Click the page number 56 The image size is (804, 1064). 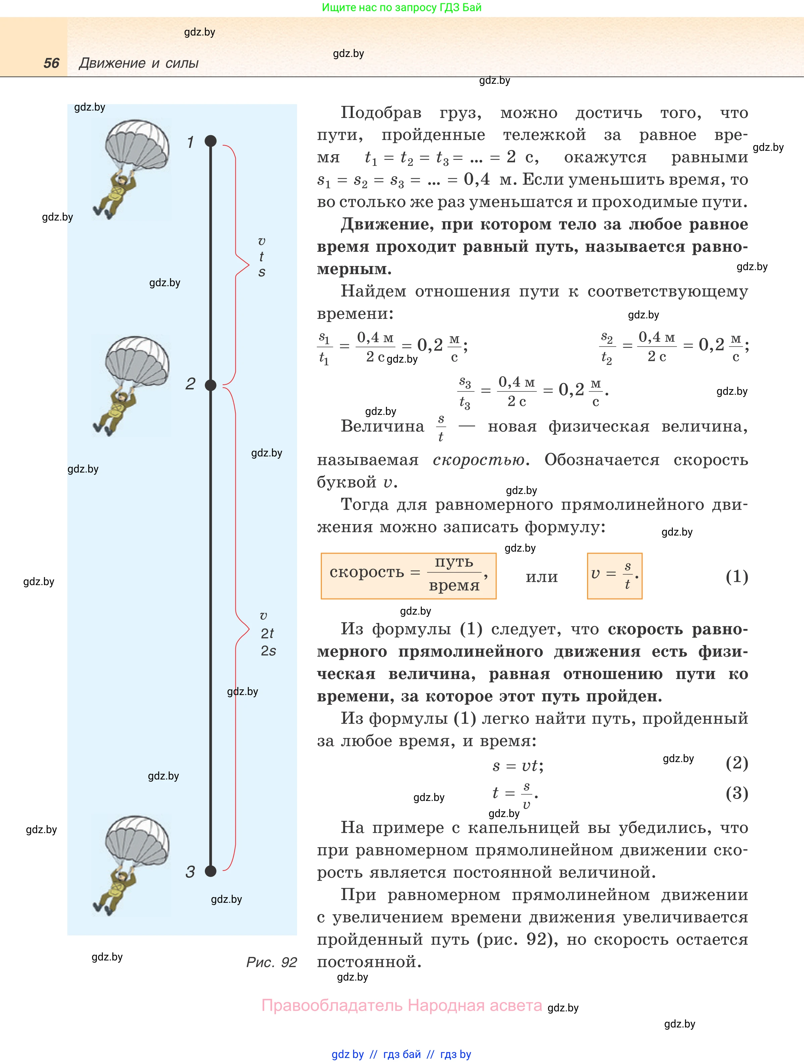click(52, 63)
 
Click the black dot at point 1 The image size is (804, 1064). click(211, 141)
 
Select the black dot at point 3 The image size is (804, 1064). click(211, 871)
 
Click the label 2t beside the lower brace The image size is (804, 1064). click(267, 633)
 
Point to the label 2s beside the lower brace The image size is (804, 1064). click(268, 651)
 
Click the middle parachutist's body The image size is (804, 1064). click(115, 409)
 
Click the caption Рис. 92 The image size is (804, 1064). click(271, 962)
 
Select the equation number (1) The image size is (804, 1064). click(736, 576)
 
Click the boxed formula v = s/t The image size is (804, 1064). click(615, 575)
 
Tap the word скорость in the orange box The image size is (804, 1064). click(367, 572)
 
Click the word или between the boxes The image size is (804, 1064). click(542, 577)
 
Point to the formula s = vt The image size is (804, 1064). click(517, 765)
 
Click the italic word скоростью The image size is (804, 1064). click(478, 460)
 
